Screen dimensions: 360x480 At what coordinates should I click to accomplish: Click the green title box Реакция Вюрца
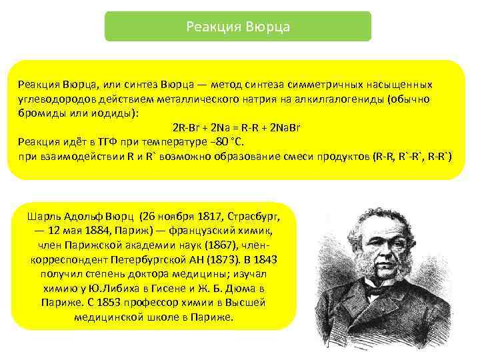pos(238,27)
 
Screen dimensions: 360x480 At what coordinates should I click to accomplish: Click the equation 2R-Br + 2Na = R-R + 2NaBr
pos(229,128)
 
